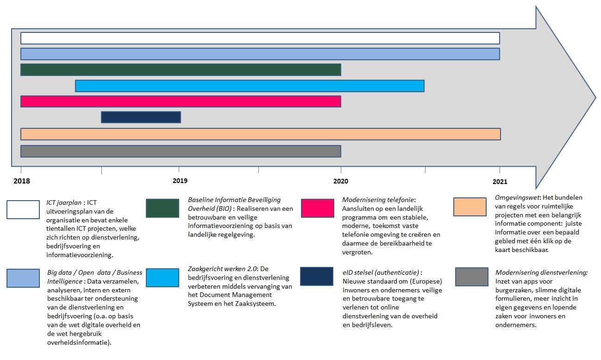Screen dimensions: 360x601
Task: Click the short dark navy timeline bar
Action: (141, 117)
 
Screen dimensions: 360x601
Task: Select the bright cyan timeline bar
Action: (250, 86)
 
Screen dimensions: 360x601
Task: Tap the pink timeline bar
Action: (181, 101)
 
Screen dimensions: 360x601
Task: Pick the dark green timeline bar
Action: (181, 70)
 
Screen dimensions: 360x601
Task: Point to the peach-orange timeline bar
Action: (260, 134)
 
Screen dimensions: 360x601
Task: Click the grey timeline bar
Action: (181, 152)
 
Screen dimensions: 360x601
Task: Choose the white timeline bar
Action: (260, 38)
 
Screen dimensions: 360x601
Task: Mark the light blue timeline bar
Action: (260, 54)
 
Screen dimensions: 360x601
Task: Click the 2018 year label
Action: (22, 181)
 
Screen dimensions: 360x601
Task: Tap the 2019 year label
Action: (180, 181)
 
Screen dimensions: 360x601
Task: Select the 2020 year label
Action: (341, 181)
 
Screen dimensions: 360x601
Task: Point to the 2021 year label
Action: (500, 182)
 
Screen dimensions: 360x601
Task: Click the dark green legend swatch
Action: (162, 208)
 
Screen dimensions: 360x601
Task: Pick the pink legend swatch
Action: (317, 208)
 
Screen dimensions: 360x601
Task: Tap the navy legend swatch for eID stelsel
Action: (317, 276)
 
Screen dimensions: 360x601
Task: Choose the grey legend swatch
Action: (471, 277)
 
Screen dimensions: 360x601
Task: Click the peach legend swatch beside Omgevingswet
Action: (470, 207)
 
